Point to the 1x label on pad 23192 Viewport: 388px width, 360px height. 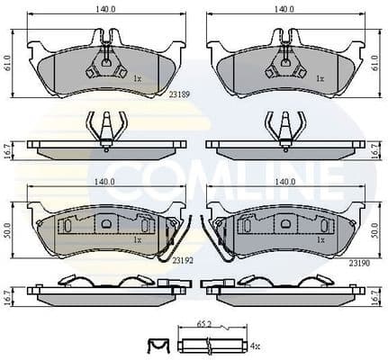click(x=137, y=240)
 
